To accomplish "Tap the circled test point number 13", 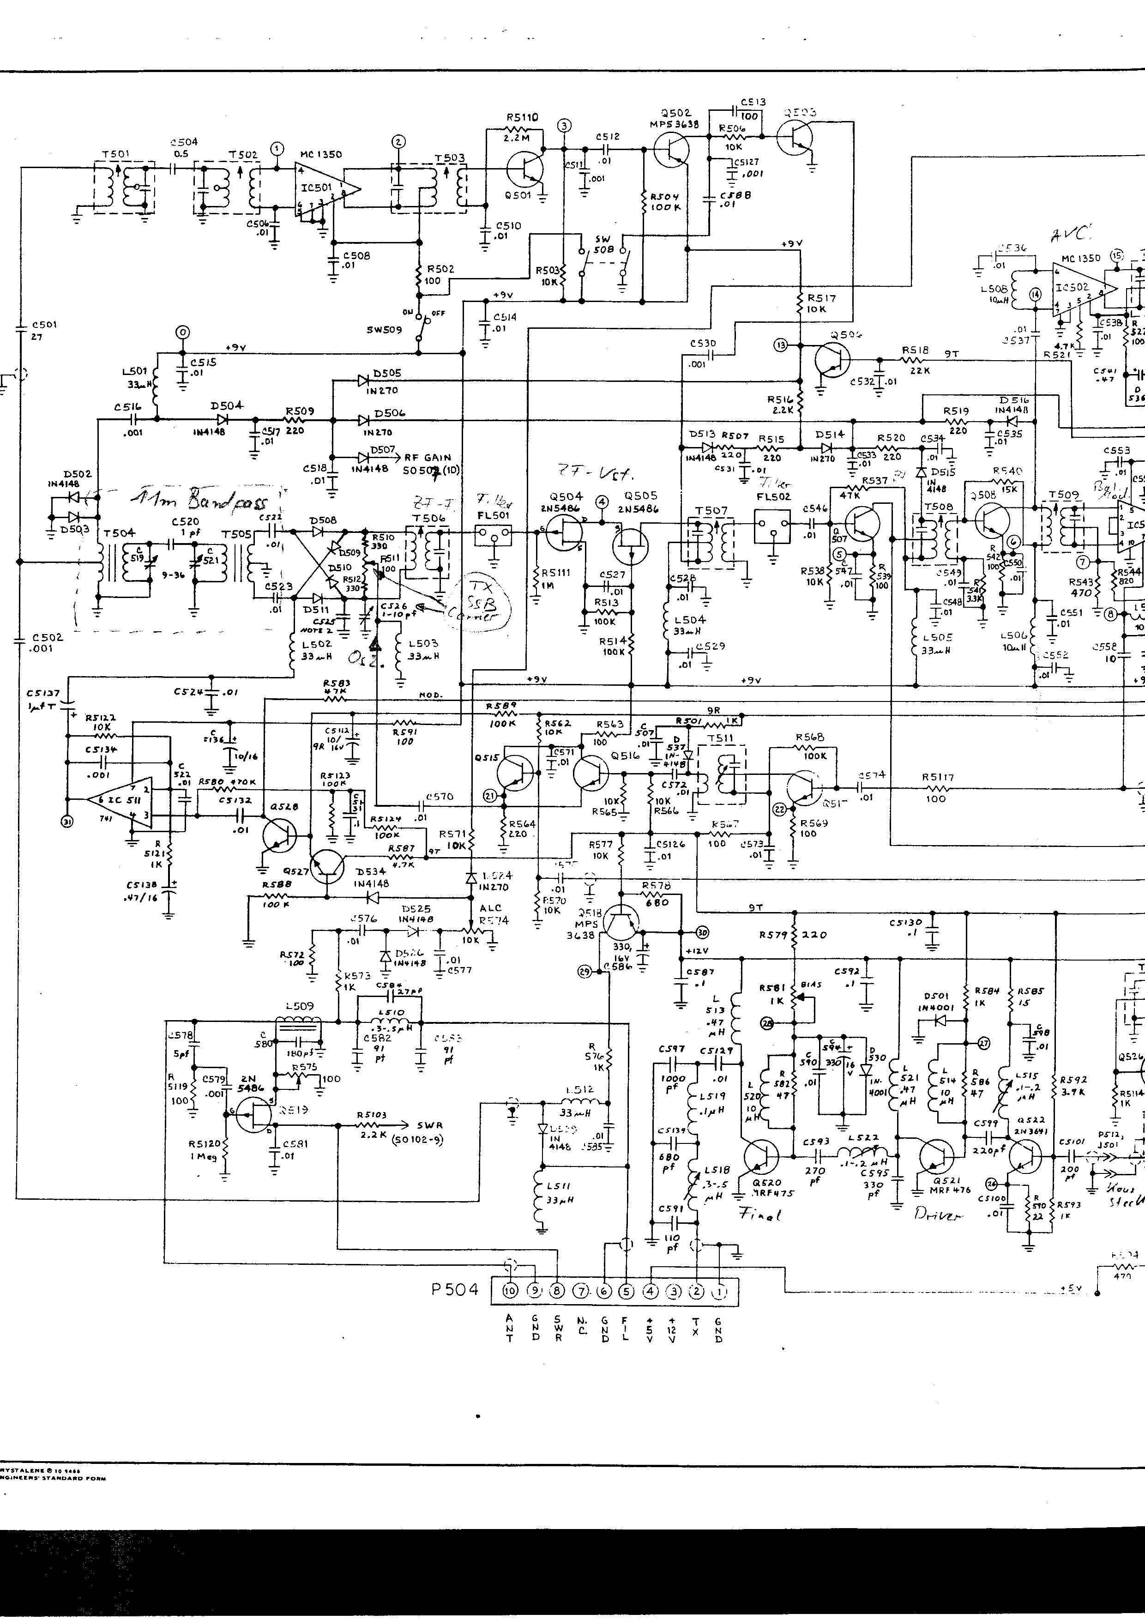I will [x=780, y=345].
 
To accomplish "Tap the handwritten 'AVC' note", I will [x=1071, y=234].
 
